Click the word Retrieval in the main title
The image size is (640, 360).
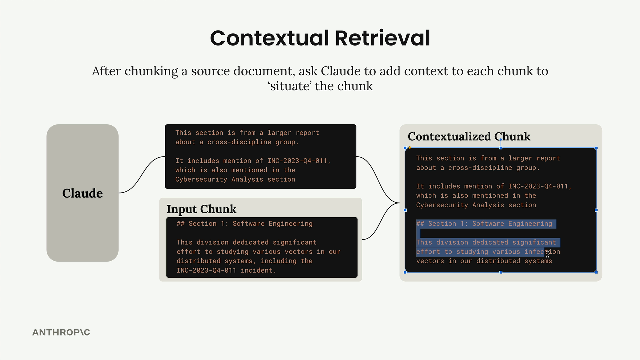tap(383, 38)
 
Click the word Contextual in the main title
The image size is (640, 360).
tap(270, 38)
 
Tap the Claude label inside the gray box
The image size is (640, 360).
tap(82, 193)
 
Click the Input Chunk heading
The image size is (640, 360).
tap(201, 209)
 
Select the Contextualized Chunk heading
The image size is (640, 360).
tap(469, 136)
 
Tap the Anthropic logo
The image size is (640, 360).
tap(61, 332)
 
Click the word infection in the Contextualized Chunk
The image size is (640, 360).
tap(542, 252)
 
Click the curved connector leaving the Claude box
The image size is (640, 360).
tap(142, 175)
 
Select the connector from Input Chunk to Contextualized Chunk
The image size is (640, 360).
tap(381, 221)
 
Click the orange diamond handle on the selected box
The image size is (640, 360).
tap(410, 148)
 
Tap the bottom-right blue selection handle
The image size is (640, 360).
tap(596, 272)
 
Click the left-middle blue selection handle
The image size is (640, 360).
tap(405, 210)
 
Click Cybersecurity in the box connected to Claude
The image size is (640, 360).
tap(201, 179)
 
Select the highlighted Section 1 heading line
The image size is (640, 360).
tap(486, 224)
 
